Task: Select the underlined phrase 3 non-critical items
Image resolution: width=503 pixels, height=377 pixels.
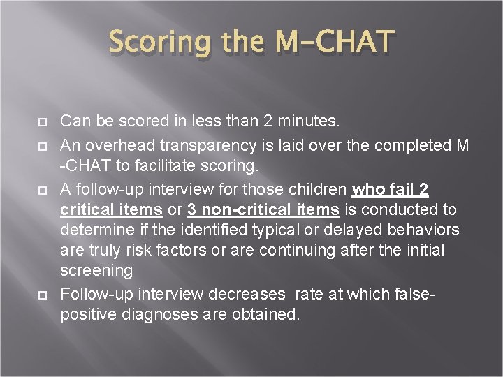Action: (x=263, y=210)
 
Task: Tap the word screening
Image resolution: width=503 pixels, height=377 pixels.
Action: (x=96, y=270)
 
